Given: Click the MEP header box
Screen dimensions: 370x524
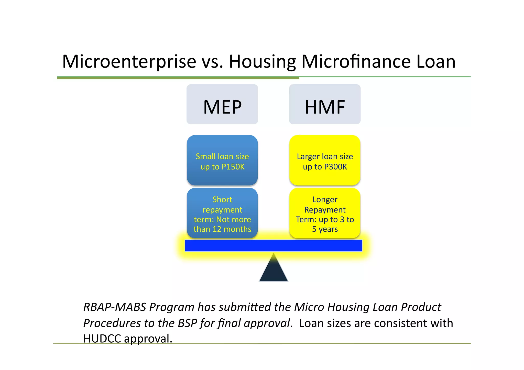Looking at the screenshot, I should coord(222,104).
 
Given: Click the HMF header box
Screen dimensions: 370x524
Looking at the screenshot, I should coord(325,104).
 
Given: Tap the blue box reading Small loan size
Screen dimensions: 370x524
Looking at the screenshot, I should coord(222,160).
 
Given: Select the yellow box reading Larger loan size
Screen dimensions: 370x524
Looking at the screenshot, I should coord(325,160).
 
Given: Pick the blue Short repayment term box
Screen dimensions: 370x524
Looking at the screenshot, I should coord(222,213).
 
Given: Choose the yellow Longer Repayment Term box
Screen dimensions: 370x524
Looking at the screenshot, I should coord(325,213).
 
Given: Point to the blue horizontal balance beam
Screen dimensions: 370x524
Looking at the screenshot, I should coord(273,245).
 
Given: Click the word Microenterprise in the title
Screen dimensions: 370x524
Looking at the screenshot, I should coord(129,62).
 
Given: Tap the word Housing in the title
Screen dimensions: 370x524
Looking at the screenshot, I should coord(262,62).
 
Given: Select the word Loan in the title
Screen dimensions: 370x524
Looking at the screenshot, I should coord(436,62).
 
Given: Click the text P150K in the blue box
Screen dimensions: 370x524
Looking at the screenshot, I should coord(233,167).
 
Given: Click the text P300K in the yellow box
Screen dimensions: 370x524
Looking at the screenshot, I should coord(335,167).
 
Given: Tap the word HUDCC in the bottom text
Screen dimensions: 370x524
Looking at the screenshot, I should coord(102,339).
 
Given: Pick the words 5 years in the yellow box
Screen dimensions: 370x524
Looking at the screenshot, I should coord(325,229).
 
